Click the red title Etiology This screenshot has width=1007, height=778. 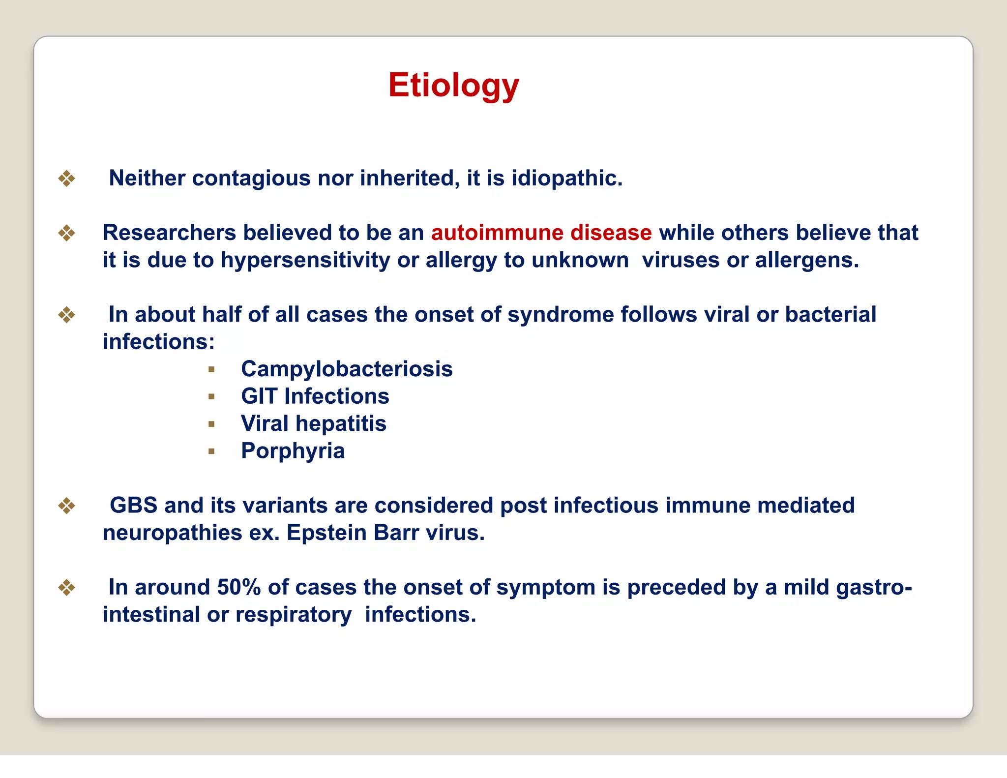click(x=453, y=86)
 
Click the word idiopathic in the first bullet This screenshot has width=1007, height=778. click(x=566, y=178)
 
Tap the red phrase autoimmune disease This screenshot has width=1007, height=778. click(x=541, y=233)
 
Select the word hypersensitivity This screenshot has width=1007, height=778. click(x=305, y=260)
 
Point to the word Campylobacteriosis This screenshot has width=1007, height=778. click(x=347, y=369)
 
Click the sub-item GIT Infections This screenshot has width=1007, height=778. click(x=315, y=396)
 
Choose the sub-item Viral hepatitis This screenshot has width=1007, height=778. click(x=313, y=423)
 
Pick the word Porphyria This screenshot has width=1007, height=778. click(x=293, y=451)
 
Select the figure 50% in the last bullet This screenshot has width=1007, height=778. click(x=239, y=587)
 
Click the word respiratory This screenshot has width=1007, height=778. click(x=293, y=615)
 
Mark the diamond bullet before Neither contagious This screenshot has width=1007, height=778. click(x=66, y=179)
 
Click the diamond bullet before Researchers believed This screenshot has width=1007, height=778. click(x=66, y=233)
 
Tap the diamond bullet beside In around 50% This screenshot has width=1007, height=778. click(x=66, y=588)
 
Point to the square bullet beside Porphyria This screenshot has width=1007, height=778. click(x=211, y=451)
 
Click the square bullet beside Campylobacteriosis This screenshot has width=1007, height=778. click(x=211, y=369)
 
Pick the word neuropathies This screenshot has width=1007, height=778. click(x=172, y=533)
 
